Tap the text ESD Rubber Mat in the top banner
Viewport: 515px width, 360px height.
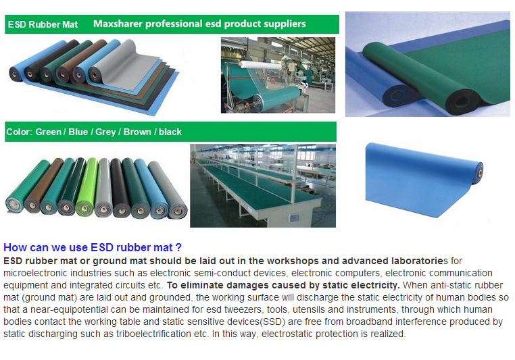pyautogui.click(x=43, y=24)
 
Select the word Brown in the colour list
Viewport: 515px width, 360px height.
pyautogui.click(x=137, y=132)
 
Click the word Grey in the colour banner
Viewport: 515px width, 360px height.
pyautogui.click(x=105, y=132)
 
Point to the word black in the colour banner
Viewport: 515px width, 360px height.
pyautogui.click(x=170, y=132)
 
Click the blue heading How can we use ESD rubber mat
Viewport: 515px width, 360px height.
pyautogui.click(x=93, y=247)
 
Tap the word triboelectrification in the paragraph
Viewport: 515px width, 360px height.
pyautogui.click(x=153, y=334)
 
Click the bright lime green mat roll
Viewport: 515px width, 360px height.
pyautogui.click(x=87, y=187)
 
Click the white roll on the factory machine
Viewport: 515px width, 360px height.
pyautogui.click(x=260, y=64)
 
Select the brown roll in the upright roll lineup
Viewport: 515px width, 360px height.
pyautogui.click(x=43, y=186)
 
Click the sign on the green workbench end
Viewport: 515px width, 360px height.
pyautogui.click(x=293, y=217)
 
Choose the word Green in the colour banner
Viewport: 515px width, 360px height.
pyautogui.click(x=48, y=132)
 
